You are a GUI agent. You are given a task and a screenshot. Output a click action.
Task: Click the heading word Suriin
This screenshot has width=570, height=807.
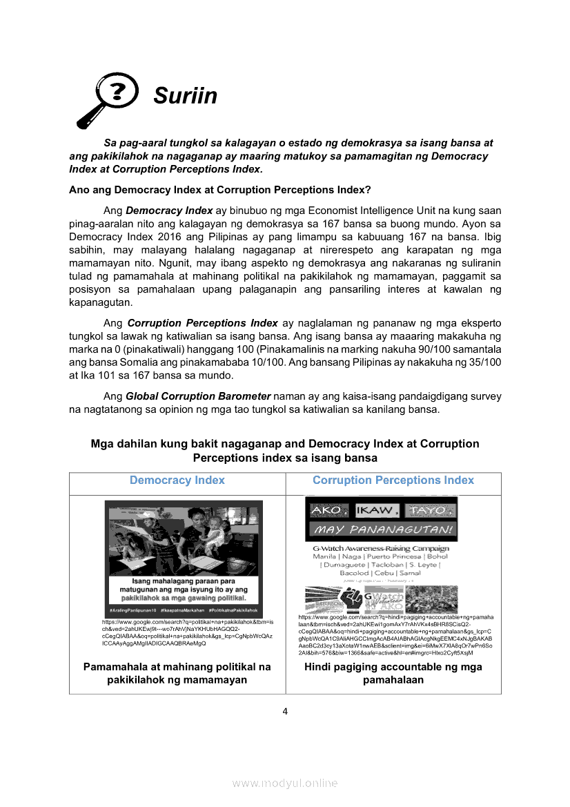click(x=185, y=96)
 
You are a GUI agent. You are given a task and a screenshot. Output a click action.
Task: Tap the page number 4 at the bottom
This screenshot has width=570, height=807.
click(x=285, y=712)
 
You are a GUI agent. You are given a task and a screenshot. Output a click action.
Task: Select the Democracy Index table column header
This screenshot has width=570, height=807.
click(x=177, y=480)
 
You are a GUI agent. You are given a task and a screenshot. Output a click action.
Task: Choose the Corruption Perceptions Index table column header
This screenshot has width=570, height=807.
click(x=393, y=480)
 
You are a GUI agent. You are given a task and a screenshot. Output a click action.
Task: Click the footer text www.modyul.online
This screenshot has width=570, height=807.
click(x=285, y=783)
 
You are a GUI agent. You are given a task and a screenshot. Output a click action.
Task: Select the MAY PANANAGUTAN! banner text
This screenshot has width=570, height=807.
click(x=381, y=530)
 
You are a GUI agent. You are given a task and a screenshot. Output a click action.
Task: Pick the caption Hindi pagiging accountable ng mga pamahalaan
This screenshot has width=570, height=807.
click(x=393, y=673)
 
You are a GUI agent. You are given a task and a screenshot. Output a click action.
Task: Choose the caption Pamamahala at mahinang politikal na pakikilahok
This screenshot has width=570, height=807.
click(x=177, y=673)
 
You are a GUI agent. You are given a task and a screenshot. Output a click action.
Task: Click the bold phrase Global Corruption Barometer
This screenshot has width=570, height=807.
click(x=198, y=397)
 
